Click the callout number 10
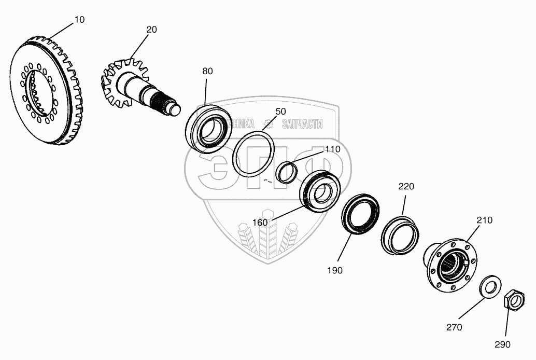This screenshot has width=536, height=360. pos(80,20)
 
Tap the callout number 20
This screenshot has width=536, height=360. pos(151,30)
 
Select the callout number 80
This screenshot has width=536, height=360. pos(207,72)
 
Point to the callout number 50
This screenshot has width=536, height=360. pos(280,112)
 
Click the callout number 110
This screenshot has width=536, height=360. pos(332,149)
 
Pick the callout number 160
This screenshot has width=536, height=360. pos(260,223)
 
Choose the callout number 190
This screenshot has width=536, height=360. pos(334,270)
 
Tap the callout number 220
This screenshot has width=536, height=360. pos(406,187)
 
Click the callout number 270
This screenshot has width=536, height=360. pos(454,327)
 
